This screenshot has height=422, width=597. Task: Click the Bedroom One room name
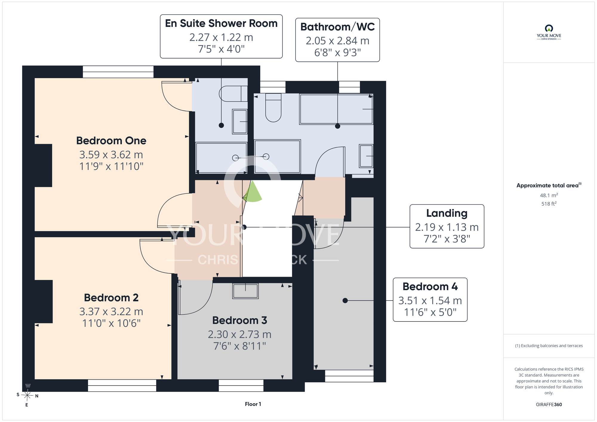pos(111,141)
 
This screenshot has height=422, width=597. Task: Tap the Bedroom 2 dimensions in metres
pos(111,312)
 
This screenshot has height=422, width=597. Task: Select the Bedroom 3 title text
pos(240,320)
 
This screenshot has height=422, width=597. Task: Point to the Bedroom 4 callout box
pos(430,300)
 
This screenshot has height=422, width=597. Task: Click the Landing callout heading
pos(447,213)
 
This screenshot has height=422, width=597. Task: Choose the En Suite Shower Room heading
pos(221,23)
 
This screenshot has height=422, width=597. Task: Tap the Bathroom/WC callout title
pos(338,27)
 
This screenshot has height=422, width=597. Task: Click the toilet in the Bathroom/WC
pos(273,107)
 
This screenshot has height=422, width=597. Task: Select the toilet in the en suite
pos(233,94)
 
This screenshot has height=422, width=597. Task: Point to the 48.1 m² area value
pos(549,195)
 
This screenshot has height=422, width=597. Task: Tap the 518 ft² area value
pos(549,204)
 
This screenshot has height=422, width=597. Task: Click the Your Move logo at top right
pos(549,32)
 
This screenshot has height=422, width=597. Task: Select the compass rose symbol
pos(27,395)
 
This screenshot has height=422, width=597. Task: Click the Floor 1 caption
pos(253,404)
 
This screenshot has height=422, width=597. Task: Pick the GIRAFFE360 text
pos(549,405)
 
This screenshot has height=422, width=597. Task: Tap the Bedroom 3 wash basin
pos(245,291)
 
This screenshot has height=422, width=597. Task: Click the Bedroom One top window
pos(118,72)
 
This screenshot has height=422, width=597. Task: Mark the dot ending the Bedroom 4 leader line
pos(345,301)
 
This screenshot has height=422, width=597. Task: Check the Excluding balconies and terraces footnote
pos(549,346)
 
